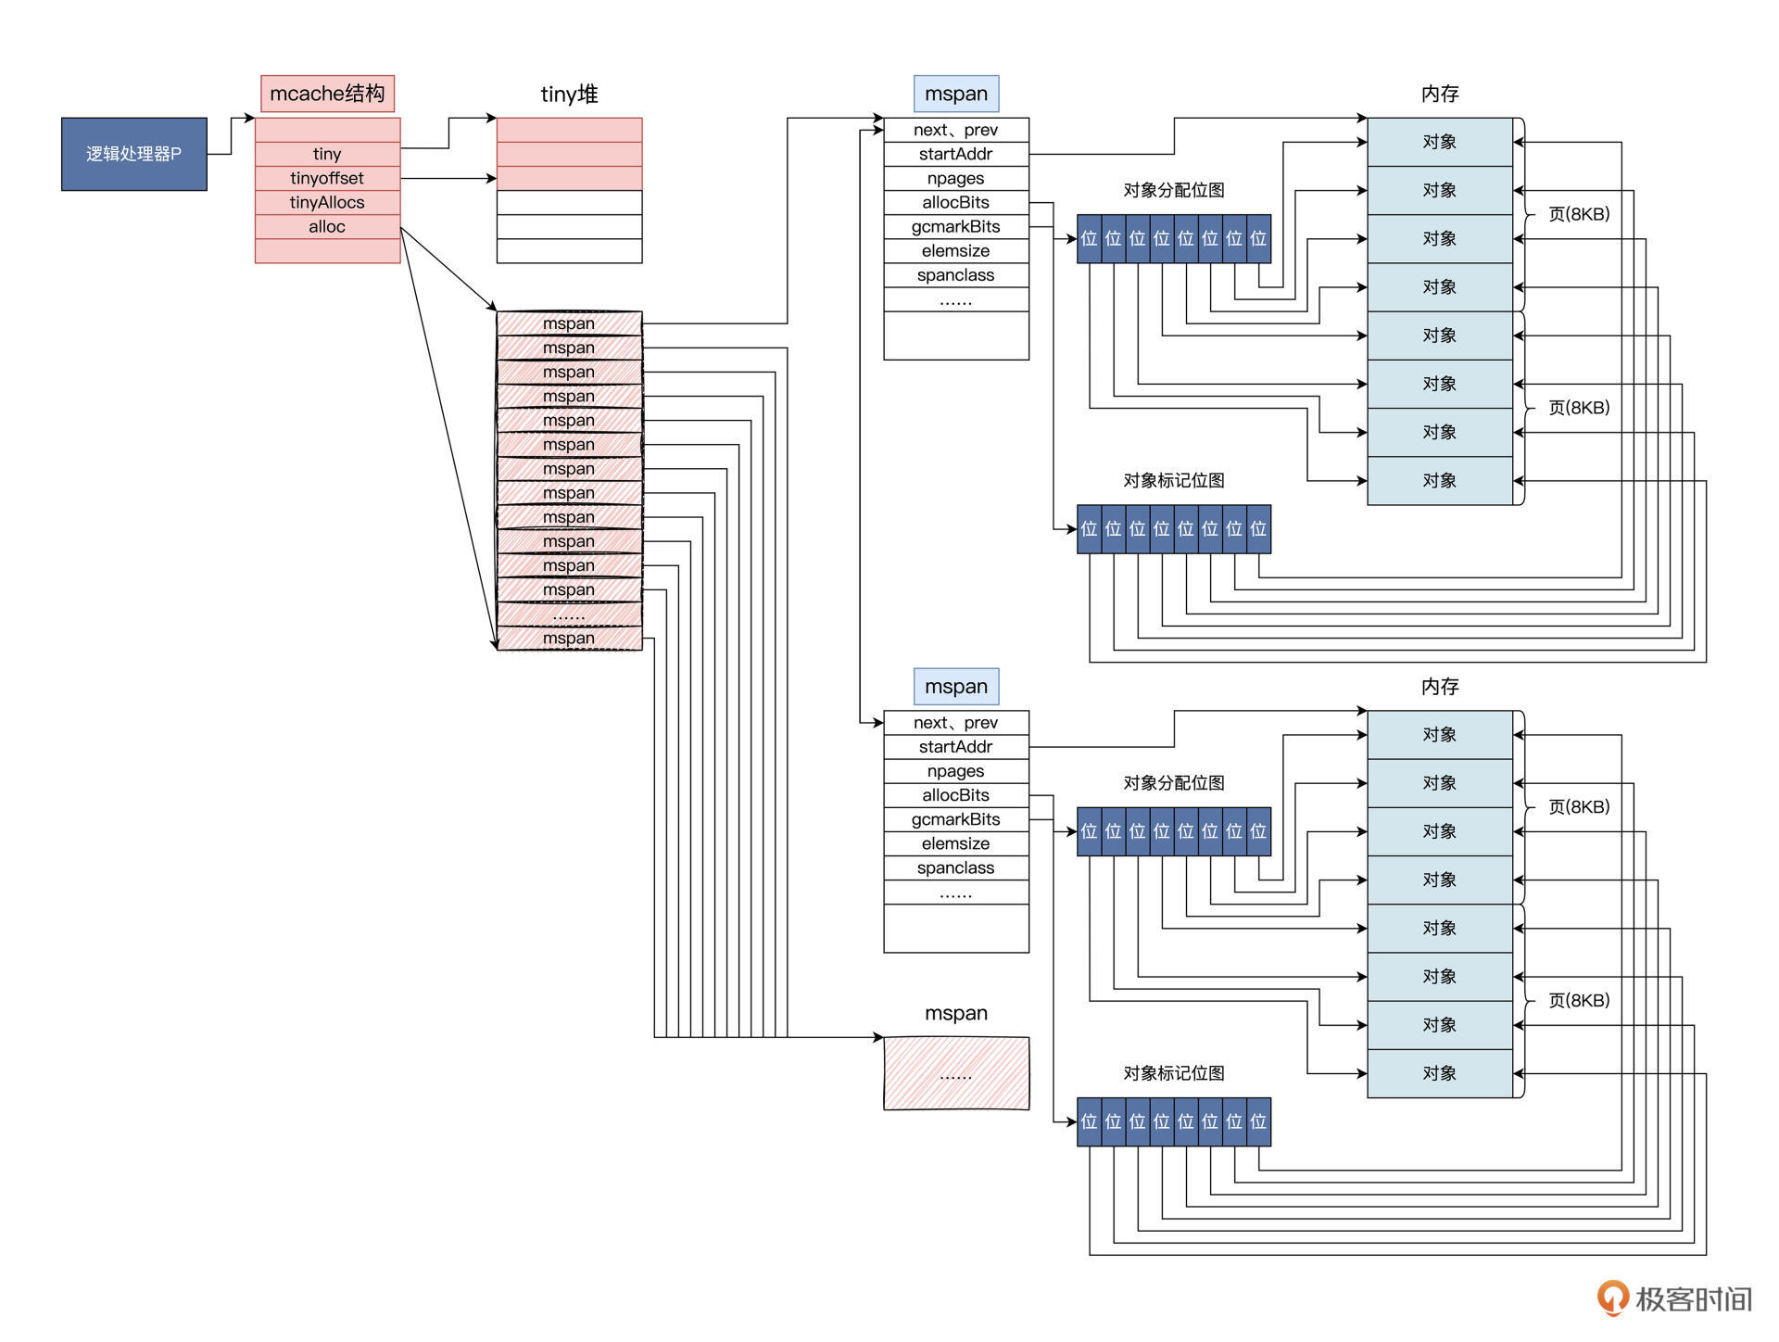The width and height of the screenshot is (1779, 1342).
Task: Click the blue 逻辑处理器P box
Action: pyautogui.click(x=133, y=154)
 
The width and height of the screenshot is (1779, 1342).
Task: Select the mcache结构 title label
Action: pyautogui.click(x=327, y=94)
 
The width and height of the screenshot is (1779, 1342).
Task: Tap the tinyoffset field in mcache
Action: pyautogui.click(x=327, y=178)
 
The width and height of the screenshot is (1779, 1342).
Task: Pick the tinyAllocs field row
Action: pyautogui.click(x=327, y=202)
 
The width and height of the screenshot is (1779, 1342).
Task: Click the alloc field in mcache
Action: pyautogui.click(x=327, y=226)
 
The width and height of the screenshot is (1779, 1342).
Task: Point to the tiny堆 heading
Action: pyautogui.click(x=569, y=94)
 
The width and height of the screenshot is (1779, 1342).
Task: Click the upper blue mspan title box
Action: pyautogui.click(x=955, y=94)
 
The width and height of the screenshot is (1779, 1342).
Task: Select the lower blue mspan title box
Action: pyautogui.click(x=955, y=687)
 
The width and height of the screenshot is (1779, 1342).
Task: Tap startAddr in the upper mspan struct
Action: pyautogui.click(x=955, y=154)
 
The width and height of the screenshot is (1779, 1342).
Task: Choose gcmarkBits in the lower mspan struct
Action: pyautogui.click(x=955, y=819)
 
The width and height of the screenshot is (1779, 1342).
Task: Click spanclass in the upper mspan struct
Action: pyautogui.click(x=955, y=275)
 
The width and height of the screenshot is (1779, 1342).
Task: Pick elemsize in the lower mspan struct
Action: pyautogui.click(x=955, y=843)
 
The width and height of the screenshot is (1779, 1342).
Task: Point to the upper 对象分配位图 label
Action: pyautogui.click(x=1173, y=190)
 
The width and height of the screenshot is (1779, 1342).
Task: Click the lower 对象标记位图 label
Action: pyautogui.click(x=1173, y=1073)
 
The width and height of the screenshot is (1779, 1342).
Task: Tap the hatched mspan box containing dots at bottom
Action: pyautogui.click(x=955, y=1073)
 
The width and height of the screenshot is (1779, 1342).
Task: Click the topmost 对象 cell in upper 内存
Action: pyautogui.click(x=1439, y=142)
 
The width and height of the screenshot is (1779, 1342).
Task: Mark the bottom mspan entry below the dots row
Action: pyautogui.click(x=569, y=639)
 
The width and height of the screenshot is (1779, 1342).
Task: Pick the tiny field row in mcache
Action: pyautogui.click(x=327, y=154)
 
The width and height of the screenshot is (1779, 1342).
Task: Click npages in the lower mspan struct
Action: pyautogui.click(x=955, y=771)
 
